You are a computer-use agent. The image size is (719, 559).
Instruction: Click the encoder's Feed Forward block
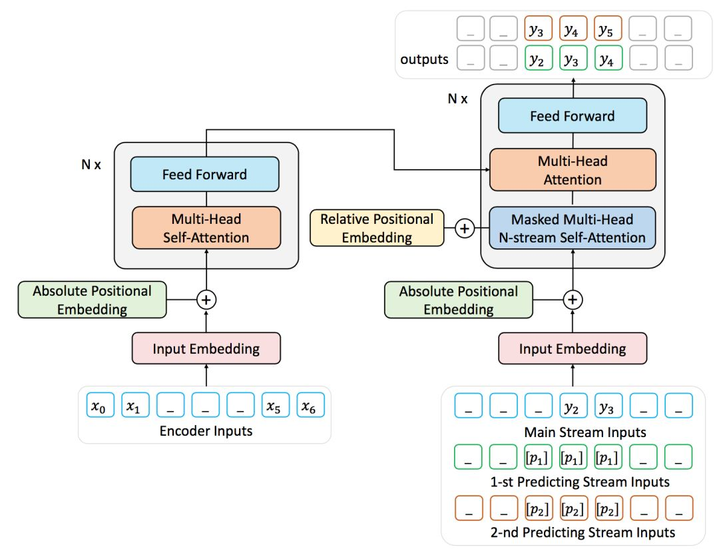coord(204,175)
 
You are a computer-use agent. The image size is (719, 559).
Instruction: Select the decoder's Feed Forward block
coord(572,116)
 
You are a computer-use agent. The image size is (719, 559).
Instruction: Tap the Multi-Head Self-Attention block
coord(206,228)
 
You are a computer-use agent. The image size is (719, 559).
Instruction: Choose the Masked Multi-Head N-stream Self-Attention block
coord(573,229)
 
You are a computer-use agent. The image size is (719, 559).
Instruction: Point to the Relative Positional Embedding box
coord(377,228)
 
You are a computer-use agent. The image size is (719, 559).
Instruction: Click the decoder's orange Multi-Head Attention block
coord(573,170)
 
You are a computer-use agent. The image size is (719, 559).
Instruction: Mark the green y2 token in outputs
coord(537,59)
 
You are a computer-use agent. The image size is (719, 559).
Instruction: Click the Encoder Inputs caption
coord(206,431)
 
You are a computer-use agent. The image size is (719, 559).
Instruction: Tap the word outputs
coord(424,60)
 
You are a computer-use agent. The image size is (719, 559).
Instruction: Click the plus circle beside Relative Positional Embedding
coord(465,229)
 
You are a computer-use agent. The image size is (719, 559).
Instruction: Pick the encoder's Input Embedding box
coord(206,349)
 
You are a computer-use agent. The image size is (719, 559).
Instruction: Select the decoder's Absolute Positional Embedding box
coord(459,300)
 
